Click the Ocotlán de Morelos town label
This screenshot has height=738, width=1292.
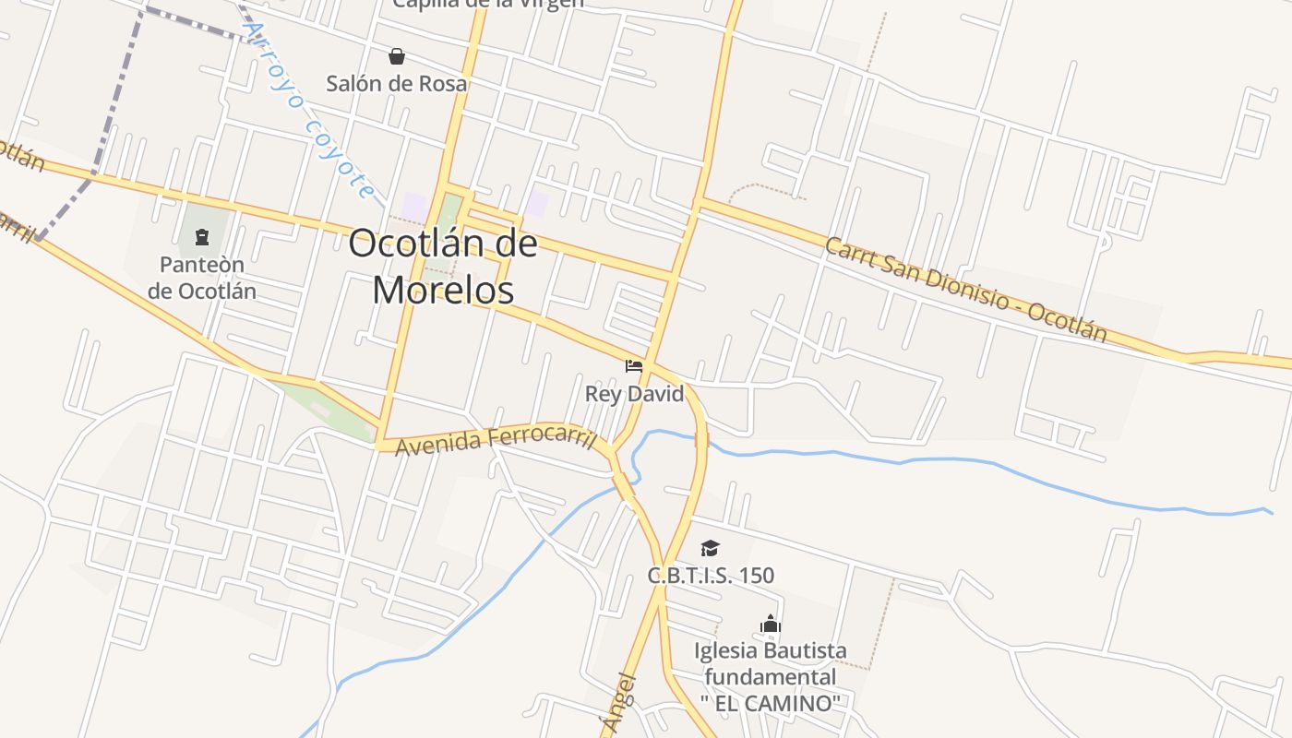443,267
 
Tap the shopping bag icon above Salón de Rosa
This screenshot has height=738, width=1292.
397,57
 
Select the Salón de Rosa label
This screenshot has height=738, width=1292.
397,83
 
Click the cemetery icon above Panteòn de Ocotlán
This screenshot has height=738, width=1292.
202,238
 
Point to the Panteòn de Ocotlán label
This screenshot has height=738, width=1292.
202,278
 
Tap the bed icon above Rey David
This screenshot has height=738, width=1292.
634,366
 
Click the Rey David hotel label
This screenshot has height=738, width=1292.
635,394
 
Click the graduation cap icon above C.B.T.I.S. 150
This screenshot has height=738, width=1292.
710,549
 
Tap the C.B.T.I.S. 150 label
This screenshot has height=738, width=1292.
711,576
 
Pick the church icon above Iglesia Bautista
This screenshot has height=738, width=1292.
771,625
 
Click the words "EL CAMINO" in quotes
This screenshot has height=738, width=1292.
772,703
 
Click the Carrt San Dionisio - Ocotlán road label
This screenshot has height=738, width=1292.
965,290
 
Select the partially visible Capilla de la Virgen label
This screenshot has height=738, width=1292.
488,4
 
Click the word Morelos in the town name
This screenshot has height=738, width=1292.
443,290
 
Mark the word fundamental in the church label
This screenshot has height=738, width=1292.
772,677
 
